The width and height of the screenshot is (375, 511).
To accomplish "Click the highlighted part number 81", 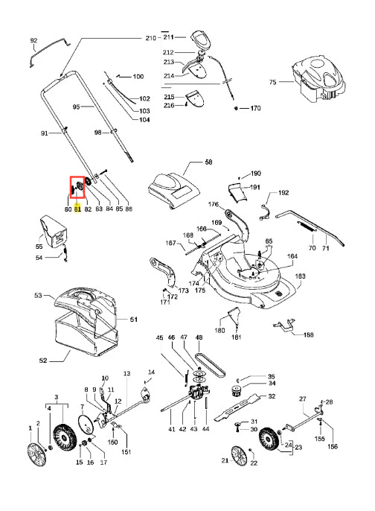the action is click(77, 209).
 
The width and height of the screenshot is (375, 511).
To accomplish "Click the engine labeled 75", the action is click(318, 79).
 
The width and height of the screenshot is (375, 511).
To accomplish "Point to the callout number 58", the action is click(208, 162).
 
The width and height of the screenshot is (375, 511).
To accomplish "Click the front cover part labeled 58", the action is click(174, 191).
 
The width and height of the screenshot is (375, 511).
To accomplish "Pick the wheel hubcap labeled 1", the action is click(36, 454).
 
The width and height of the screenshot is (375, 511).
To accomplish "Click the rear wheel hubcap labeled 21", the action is click(240, 456).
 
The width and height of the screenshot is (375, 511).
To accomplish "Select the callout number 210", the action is click(151, 38).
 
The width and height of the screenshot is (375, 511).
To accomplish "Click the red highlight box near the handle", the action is click(77, 187).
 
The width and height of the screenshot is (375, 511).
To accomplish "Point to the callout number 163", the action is click(300, 276).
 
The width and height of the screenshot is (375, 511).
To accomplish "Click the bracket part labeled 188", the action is click(284, 326).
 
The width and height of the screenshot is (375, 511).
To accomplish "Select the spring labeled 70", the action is click(307, 226).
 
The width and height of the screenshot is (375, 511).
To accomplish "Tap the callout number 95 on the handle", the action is click(76, 107).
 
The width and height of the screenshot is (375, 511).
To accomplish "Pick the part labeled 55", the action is click(54, 232).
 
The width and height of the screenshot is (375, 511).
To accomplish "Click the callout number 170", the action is click(255, 108).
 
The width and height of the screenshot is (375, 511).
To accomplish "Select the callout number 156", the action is click(333, 446).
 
